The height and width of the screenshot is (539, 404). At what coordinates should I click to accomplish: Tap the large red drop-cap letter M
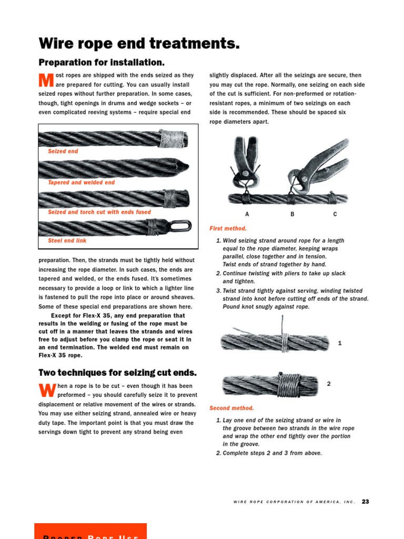point(46,81)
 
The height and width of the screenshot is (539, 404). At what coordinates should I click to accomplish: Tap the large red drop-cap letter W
point(46,391)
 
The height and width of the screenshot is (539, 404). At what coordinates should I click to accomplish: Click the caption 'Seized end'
point(63,151)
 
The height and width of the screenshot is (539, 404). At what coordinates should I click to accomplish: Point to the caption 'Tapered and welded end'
point(81,182)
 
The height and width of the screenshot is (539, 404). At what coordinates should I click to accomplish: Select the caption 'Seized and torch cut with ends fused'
point(99,212)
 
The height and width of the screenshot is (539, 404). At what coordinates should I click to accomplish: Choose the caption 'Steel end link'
point(67,241)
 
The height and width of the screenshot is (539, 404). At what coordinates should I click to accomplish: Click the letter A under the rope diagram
point(247,214)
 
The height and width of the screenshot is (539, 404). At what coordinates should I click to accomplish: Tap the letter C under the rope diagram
point(335,214)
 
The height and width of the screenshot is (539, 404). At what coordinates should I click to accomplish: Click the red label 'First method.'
point(228,228)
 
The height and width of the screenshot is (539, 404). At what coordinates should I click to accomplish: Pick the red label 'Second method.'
point(231,408)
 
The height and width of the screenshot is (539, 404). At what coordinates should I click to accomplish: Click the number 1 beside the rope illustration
point(340,343)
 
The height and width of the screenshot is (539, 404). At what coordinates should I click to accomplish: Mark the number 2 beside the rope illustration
point(329,384)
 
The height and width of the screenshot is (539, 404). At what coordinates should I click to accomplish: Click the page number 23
point(365,502)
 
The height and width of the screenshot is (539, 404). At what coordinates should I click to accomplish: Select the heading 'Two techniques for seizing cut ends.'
point(117,373)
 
